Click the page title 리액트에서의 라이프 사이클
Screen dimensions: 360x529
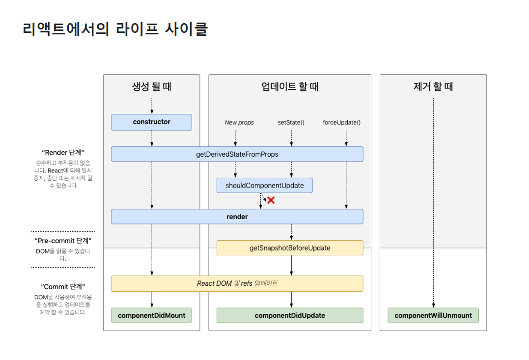click(115, 29)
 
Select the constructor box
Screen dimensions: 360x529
click(151, 122)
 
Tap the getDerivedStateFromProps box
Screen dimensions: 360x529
click(237, 154)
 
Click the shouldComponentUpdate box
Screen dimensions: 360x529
click(264, 186)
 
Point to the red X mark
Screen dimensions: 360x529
click(270, 200)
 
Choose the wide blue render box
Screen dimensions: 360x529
click(237, 217)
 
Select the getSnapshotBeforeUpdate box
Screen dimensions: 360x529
click(290, 248)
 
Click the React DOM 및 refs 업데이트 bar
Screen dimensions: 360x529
click(237, 283)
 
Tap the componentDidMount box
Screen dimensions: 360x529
click(151, 315)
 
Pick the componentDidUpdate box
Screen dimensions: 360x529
click(290, 315)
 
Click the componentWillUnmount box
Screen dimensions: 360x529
click(433, 315)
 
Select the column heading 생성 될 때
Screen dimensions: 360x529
click(151, 87)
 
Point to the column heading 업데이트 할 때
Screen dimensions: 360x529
click(290, 87)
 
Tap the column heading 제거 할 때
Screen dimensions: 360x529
click(433, 87)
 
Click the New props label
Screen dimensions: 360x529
click(239, 122)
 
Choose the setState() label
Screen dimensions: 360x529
click(291, 122)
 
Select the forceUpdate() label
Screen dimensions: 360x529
click(341, 122)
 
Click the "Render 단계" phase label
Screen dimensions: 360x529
click(63, 152)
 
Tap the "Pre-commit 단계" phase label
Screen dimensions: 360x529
click(63, 241)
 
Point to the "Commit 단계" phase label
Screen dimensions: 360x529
click(63, 287)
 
